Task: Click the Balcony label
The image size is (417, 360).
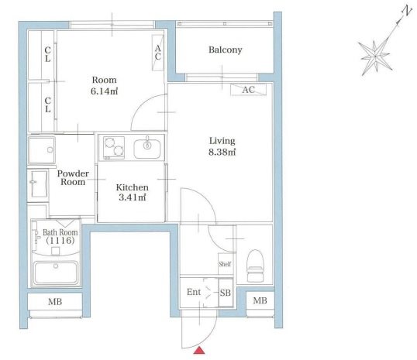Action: (226, 50)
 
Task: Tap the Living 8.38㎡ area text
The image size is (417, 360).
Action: (222, 146)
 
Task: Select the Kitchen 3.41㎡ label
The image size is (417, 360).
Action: (133, 192)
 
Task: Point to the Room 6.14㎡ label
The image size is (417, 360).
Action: (104, 86)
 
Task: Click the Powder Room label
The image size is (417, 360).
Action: (73, 178)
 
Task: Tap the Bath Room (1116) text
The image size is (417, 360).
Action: (60, 236)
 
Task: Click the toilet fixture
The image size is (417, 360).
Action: (255, 265)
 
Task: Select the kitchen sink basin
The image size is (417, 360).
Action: (147, 149)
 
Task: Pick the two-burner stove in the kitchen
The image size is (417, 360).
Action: (114, 148)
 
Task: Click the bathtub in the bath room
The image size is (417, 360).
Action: (56, 273)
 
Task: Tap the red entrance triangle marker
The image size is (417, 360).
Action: (199, 351)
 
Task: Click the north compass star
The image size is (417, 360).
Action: (375, 57)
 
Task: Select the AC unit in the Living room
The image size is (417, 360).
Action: (248, 90)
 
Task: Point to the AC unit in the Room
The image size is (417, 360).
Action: (157, 53)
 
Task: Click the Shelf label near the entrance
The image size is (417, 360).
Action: (225, 264)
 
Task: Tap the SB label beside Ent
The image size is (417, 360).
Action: (226, 293)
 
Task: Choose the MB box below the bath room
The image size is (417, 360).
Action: (55, 302)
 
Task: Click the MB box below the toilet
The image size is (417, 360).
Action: (260, 300)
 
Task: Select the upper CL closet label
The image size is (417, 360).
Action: (47, 54)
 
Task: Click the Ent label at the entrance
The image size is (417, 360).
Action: (194, 292)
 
